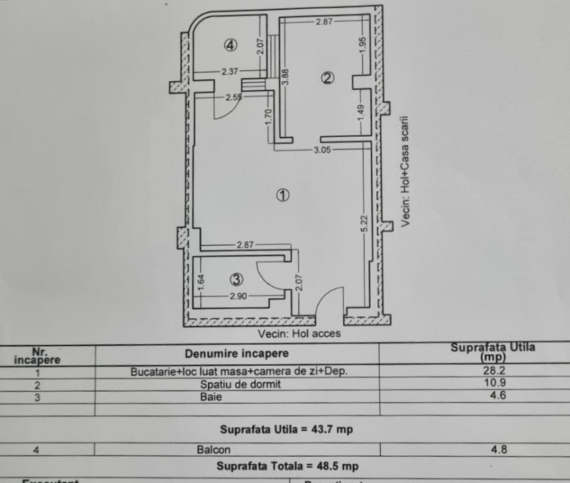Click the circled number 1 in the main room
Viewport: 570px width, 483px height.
(x=282, y=195)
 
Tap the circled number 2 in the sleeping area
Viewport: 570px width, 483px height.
(x=327, y=78)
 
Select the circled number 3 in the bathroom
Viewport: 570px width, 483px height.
(x=237, y=279)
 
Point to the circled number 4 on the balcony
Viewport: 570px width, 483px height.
(x=230, y=46)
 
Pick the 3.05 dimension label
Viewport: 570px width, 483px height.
(x=323, y=150)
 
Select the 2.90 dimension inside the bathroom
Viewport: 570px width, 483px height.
(x=237, y=295)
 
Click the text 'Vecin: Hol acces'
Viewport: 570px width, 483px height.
(x=299, y=333)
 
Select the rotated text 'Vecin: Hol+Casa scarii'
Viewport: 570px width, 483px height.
(x=406, y=172)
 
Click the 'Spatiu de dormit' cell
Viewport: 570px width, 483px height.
(x=239, y=384)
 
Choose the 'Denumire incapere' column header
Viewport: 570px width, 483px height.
(x=237, y=353)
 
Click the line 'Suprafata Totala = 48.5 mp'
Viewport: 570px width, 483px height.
(x=286, y=466)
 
